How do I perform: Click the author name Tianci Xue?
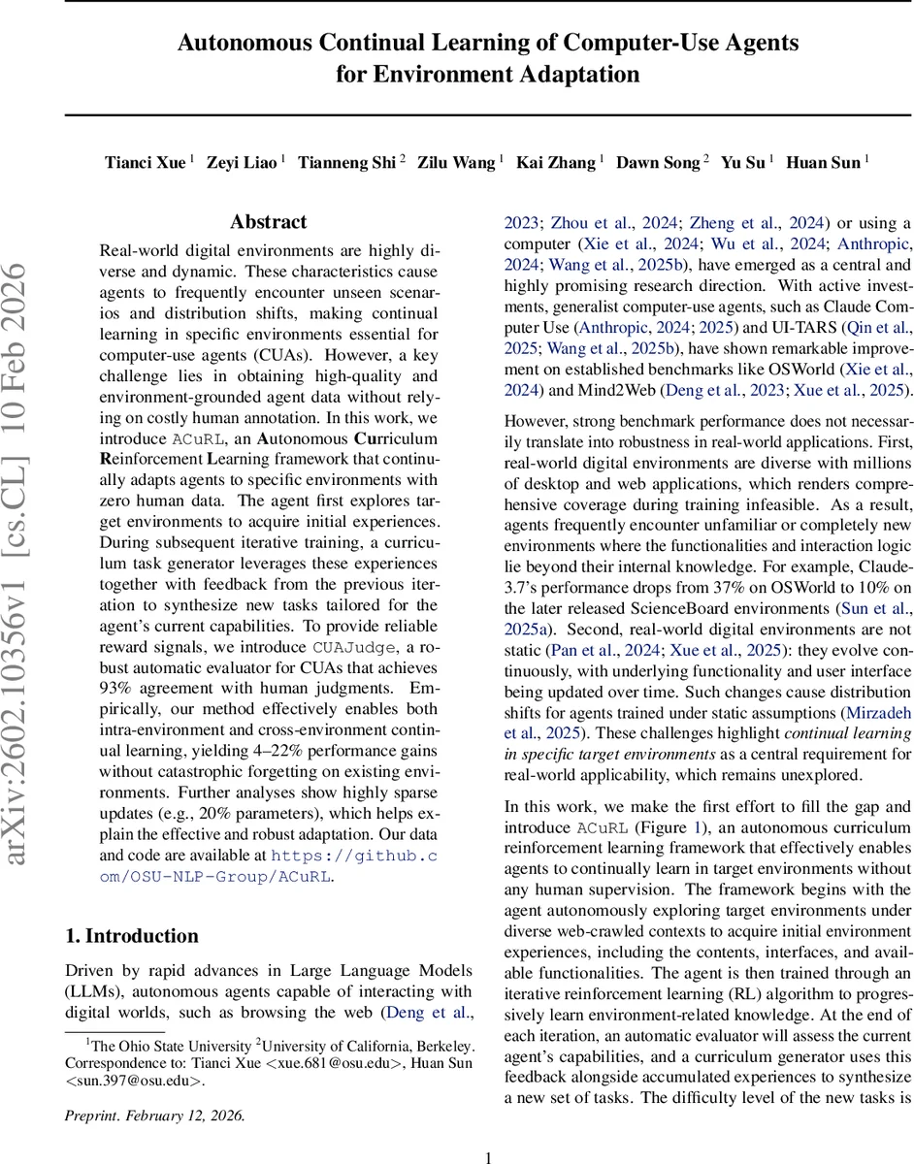pyautogui.click(x=146, y=162)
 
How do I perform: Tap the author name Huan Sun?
pyautogui.click(x=822, y=162)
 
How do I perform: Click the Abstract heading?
pyautogui.click(x=269, y=222)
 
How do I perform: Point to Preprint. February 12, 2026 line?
pyautogui.click(x=155, y=1115)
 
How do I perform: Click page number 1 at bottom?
pyautogui.click(x=489, y=1156)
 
